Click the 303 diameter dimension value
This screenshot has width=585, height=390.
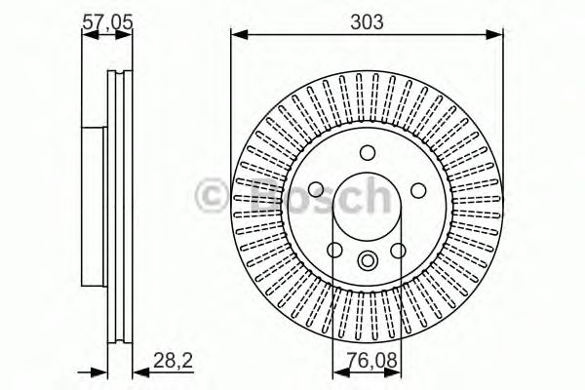[x=367, y=20]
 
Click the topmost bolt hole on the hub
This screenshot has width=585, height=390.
[x=368, y=153]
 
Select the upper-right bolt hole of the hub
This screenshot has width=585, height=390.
[x=417, y=190]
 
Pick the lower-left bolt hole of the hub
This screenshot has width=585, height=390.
[x=336, y=250]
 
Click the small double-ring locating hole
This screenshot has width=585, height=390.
[x=368, y=260]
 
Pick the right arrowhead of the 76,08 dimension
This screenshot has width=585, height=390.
[x=397, y=371]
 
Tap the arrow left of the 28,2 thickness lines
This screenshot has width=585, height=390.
[x=97, y=371]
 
